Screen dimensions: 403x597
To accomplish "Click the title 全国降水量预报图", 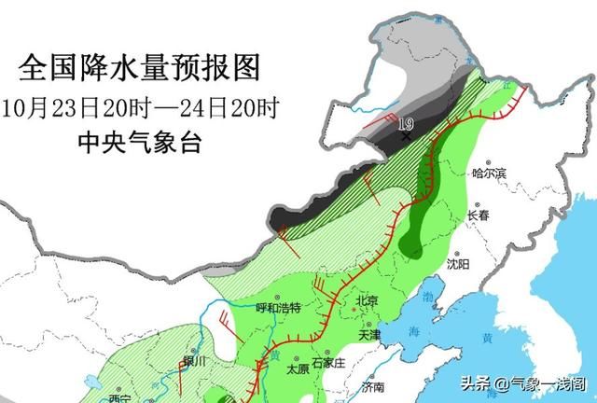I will pos(140,67).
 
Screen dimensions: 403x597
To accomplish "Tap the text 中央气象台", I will pos(139,142).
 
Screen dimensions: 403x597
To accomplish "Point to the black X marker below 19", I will pos(406,136).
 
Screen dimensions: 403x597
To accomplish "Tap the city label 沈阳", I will pos(457,265).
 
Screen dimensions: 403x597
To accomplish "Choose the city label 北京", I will pos(367,300).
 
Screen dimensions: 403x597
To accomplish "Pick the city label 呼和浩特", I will pos(278,308).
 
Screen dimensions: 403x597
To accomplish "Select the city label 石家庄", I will pos(328,361).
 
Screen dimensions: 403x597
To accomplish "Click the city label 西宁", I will pos(118,398).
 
